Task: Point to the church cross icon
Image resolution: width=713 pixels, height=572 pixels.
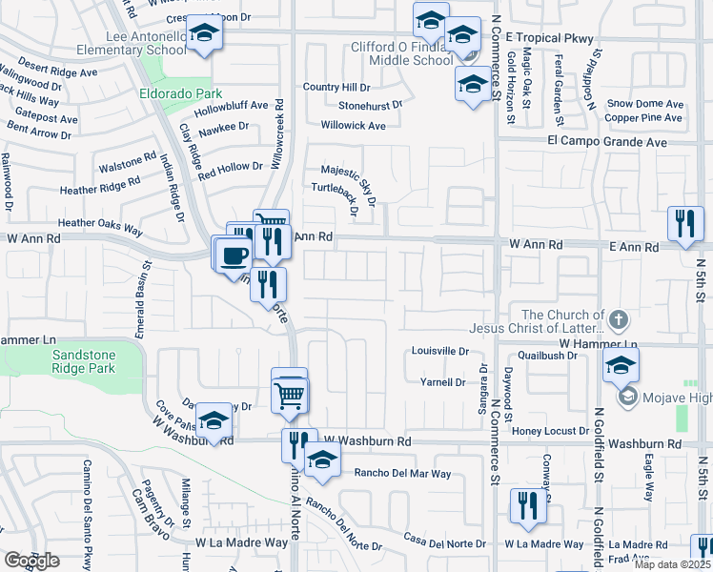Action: point(619,318)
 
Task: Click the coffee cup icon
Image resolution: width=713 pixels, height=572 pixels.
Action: point(234,255)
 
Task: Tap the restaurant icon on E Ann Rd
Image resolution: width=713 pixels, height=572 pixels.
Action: point(684,225)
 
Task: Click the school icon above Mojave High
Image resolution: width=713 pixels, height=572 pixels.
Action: point(620,365)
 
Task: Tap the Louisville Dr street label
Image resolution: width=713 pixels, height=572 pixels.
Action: point(439,351)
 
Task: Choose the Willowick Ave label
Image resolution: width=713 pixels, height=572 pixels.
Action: point(353,125)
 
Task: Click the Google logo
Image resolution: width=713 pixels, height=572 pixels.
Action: point(31,561)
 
